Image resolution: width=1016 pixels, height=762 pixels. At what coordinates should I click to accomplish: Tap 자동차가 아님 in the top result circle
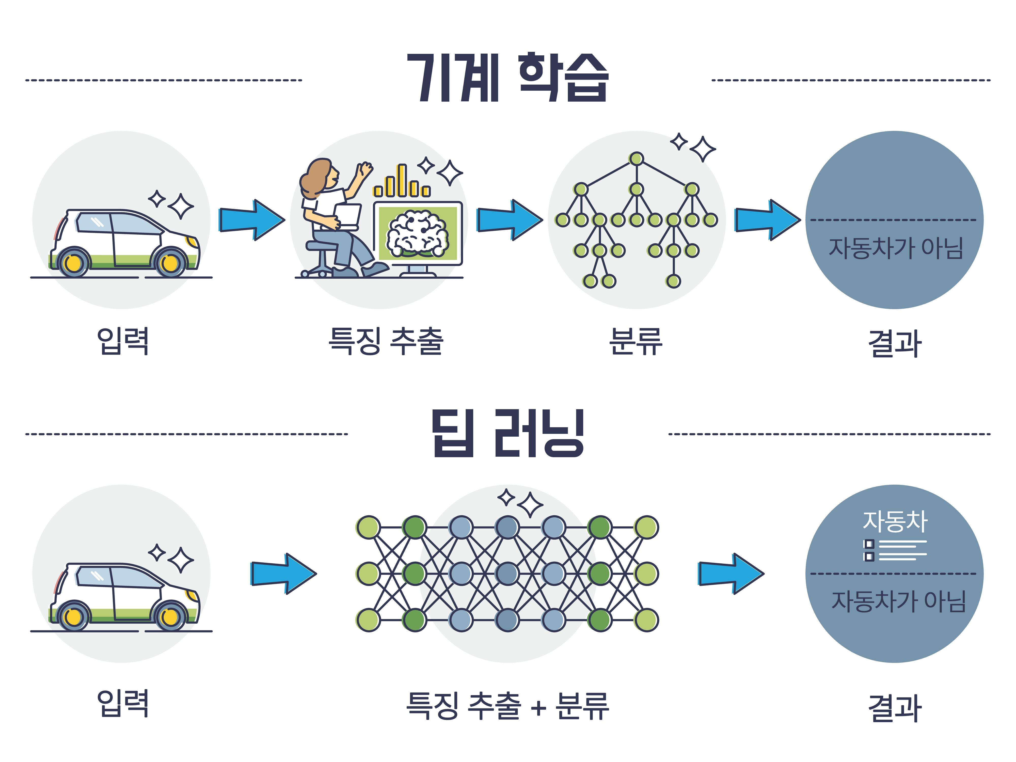(895, 248)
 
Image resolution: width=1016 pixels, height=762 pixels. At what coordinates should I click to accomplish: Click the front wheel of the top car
(170, 263)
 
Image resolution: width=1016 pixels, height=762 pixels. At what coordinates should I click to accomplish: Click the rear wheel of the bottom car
(73, 617)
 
